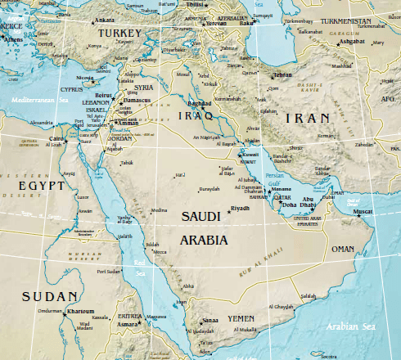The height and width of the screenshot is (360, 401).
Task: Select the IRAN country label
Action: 304,119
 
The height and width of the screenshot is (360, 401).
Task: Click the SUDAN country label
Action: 51,295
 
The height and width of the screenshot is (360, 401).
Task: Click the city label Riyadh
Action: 240,209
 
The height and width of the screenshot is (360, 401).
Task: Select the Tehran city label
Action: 282,74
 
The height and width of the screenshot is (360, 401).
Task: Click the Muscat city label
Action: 362,211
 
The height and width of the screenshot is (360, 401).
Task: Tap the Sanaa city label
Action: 211,321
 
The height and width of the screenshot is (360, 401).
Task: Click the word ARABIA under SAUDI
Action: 205,241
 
